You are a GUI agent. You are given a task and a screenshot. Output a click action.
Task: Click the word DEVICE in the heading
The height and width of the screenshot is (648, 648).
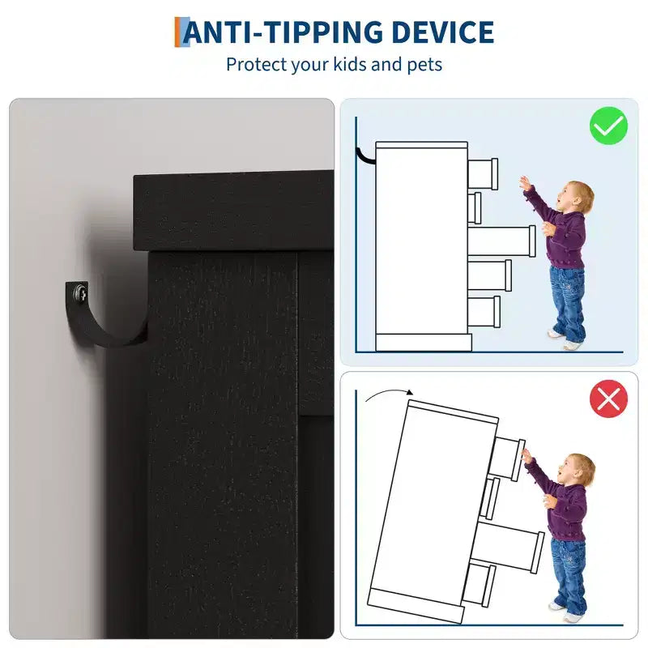(442, 32)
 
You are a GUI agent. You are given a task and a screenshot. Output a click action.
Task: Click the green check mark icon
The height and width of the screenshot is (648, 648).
(608, 126)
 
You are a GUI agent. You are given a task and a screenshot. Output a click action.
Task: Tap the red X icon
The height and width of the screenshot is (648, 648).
(608, 399)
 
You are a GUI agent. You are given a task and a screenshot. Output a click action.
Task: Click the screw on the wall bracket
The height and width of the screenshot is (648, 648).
(81, 294)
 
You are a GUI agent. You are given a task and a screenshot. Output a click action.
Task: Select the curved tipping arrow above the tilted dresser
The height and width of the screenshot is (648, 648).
(389, 391)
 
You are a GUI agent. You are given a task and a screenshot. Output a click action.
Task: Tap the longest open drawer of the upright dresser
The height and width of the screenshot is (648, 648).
(501, 241)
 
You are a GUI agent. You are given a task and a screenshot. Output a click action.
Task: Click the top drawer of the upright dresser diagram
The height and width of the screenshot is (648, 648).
(483, 173)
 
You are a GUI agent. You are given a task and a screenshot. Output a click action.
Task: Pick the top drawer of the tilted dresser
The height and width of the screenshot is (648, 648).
(509, 458)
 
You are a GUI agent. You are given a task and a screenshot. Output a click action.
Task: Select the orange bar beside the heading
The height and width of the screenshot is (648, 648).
(178, 32)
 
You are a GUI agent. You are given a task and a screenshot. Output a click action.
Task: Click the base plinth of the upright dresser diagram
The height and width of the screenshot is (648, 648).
(424, 343)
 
